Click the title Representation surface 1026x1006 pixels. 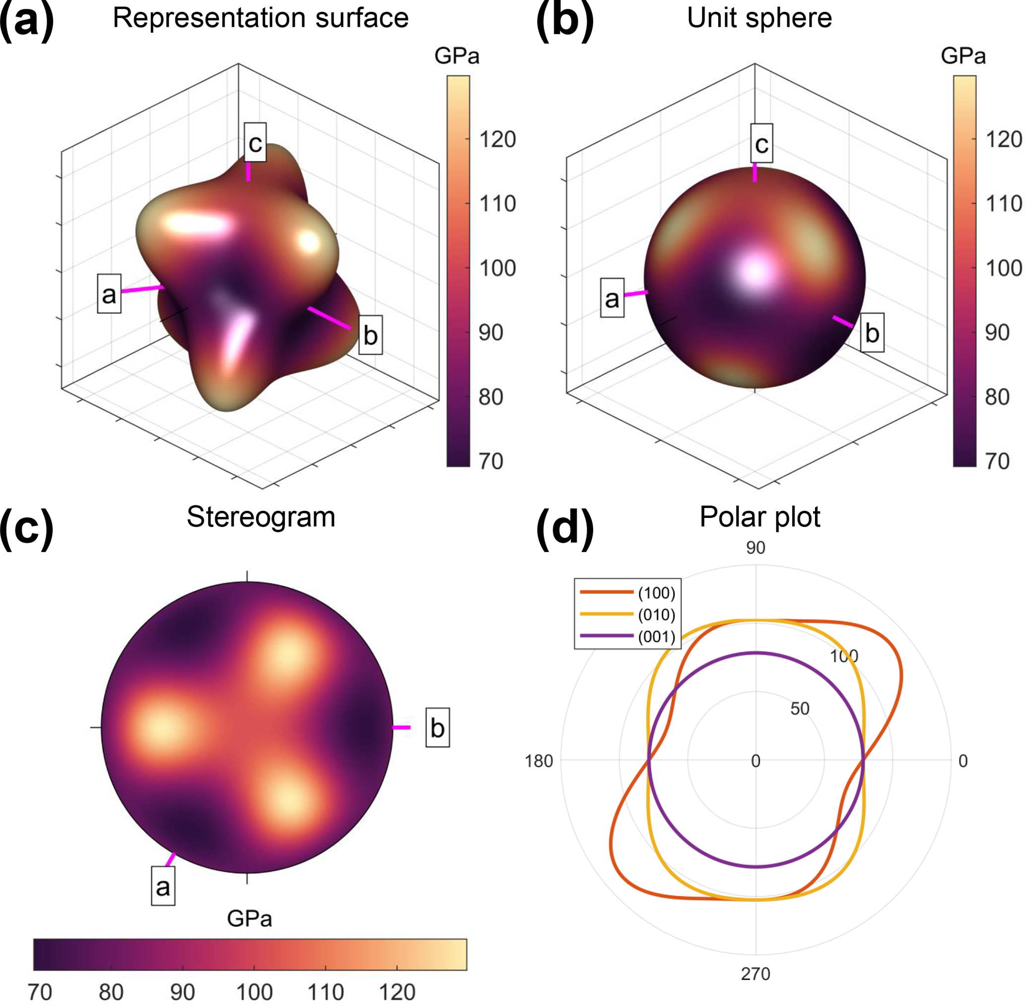[260, 18]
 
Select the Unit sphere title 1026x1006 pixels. [759, 18]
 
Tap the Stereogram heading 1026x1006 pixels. [261, 517]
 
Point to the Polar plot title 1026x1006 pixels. [759, 517]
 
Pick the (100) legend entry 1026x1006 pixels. [656, 593]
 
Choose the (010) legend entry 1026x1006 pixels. [656, 615]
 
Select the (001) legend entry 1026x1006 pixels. [656, 636]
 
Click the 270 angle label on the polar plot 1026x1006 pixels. [755, 973]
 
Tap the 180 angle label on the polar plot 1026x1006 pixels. [538, 761]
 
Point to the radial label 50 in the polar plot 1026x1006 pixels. [800, 708]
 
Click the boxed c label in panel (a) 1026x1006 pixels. [255, 143]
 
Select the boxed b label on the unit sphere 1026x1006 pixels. [872, 333]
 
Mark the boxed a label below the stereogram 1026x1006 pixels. [163, 886]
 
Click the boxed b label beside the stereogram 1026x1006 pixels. [438, 728]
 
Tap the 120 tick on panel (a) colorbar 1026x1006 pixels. [497, 139]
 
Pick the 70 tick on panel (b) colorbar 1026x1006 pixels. [997, 461]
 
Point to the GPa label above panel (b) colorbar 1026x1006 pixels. [963, 56]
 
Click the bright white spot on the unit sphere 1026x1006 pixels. [756, 271]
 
